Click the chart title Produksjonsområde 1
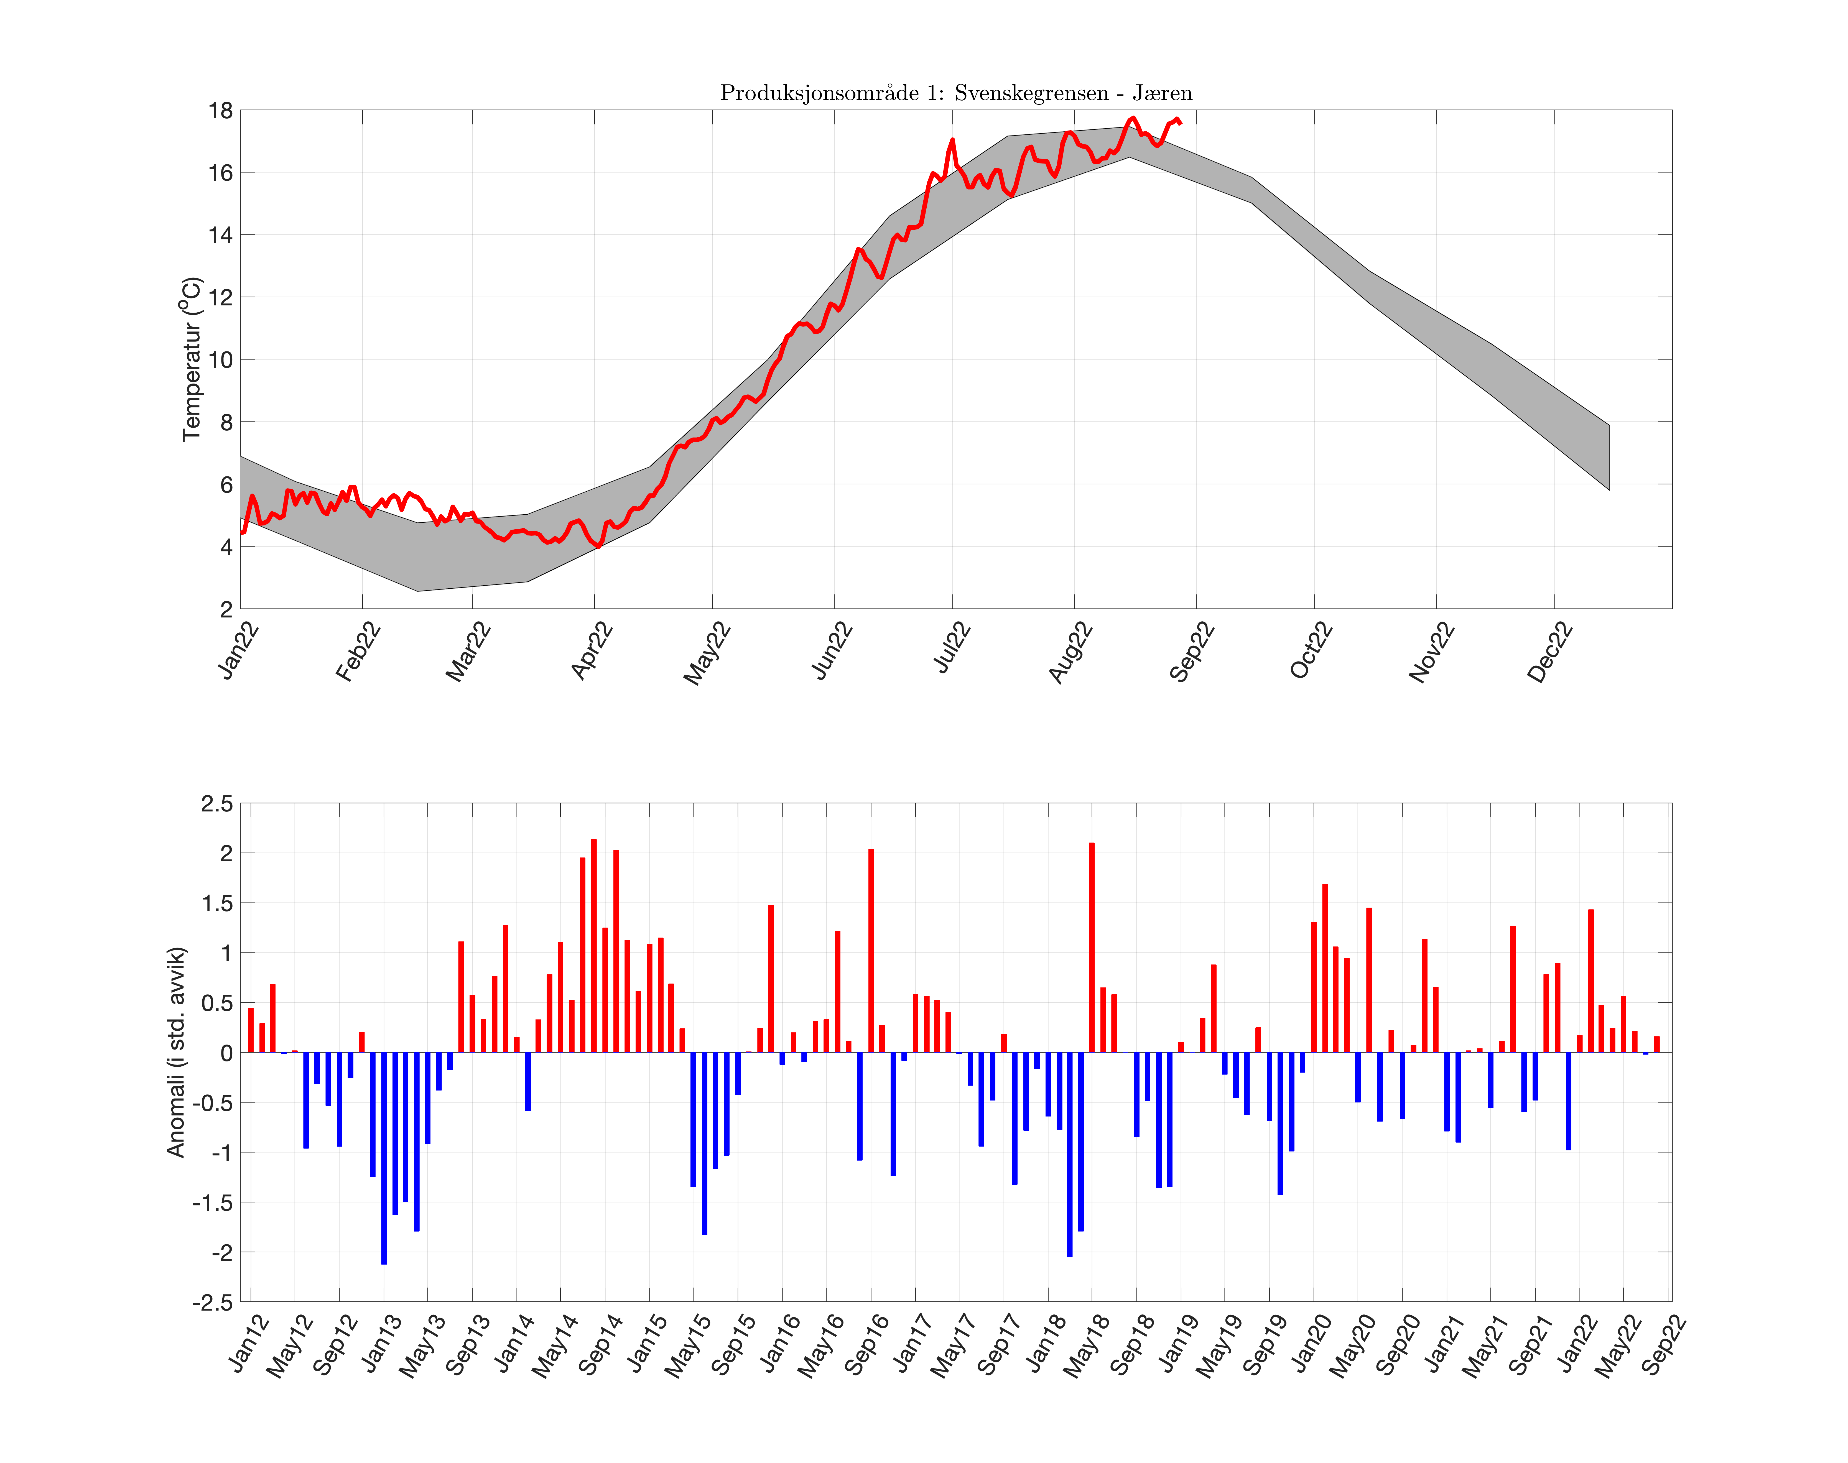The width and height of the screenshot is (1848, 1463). [x=955, y=93]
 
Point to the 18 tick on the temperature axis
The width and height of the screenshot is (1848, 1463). [x=220, y=111]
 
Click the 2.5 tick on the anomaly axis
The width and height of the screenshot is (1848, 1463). [x=216, y=803]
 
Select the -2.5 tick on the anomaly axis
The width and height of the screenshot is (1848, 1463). [x=213, y=1302]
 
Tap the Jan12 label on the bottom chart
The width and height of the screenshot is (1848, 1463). [x=250, y=1343]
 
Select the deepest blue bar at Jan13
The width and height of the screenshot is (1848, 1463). [x=384, y=1158]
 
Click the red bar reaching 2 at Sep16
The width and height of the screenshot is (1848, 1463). [x=870, y=951]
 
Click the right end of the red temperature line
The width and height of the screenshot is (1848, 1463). [x=1181, y=123]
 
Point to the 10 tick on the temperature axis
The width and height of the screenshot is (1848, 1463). [x=220, y=360]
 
